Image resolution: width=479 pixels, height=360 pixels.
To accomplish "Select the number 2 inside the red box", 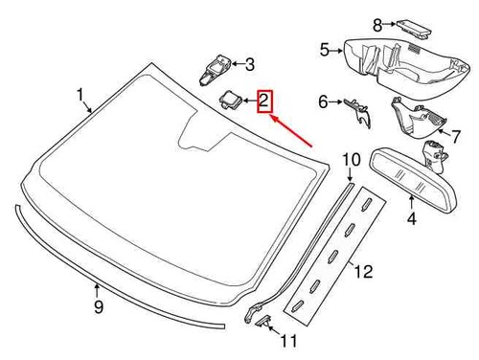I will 263,101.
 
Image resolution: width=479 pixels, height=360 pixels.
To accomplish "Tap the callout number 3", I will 250,65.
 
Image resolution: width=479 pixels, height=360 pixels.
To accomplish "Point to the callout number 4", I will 412,219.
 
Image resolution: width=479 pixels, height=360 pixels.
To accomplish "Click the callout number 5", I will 324,49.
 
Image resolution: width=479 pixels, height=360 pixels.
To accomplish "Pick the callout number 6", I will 323,101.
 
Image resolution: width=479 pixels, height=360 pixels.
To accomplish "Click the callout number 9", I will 98,306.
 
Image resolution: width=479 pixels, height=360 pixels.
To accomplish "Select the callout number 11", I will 288,340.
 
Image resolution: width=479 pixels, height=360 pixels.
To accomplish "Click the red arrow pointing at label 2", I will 293,130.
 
